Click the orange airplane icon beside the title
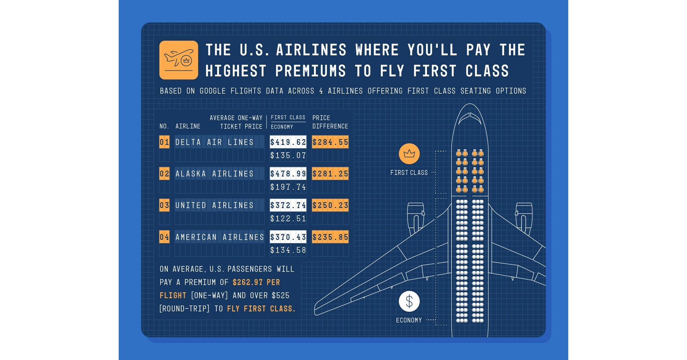coord(178,60)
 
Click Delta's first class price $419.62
coord(288,142)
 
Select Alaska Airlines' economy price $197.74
coord(288,187)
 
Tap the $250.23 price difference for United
coord(330,205)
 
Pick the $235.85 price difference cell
coord(330,237)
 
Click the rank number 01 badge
coord(164,142)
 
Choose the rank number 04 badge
coord(164,237)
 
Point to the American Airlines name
coord(219,237)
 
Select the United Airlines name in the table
coord(214,205)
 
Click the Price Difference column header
coord(330,122)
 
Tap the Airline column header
coord(188,127)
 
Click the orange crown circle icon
coord(409,154)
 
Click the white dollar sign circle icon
coord(409,301)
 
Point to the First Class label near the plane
coord(409,173)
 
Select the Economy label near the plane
coord(409,320)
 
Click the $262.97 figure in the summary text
coord(247,282)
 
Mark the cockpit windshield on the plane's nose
coord(470,117)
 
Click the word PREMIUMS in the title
coord(310,71)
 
